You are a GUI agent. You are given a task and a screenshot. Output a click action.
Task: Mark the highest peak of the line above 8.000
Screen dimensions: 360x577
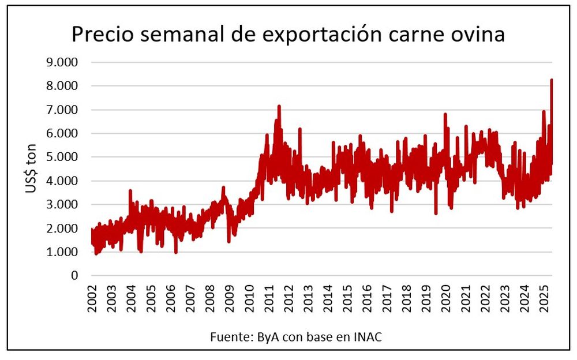click(551, 80)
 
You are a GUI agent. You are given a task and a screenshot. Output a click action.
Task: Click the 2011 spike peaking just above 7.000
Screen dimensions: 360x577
click(279, 106)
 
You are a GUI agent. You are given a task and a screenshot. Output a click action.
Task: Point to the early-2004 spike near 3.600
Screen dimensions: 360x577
click(130, 190)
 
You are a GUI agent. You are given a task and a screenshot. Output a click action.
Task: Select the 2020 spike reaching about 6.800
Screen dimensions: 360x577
click(445, 114)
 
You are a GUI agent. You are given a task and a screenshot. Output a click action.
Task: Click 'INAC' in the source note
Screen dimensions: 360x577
click(369, 337)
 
